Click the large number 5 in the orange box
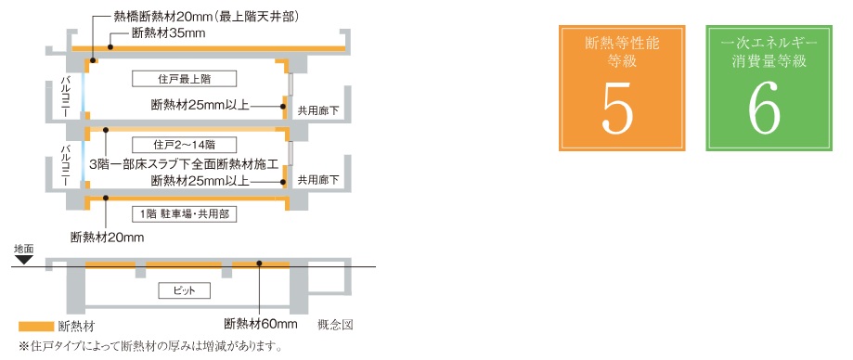coord(618,109)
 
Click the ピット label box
coord(184,290)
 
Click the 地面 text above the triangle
coord(23,250)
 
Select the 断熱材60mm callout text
coord(261,325)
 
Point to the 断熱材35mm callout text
coord(168,34)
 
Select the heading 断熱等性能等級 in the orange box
coord(618,52)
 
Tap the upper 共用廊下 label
coord(318,109)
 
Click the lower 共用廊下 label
coord(318,179)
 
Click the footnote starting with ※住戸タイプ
coord(144,348)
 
